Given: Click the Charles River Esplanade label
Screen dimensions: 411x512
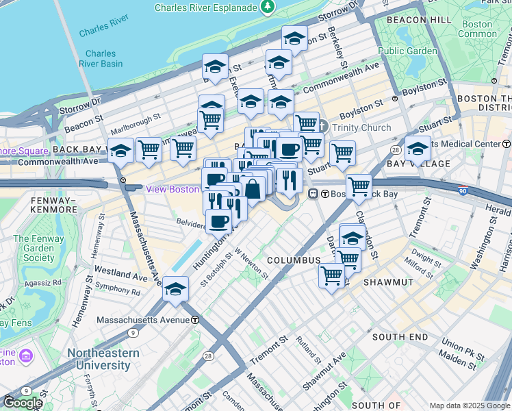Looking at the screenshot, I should (206, 8).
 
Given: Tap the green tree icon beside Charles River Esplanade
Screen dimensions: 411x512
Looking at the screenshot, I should (268, 8).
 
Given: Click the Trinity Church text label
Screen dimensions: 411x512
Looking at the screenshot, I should (361, 127).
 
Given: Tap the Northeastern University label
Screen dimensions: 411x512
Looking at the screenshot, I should (103, 359).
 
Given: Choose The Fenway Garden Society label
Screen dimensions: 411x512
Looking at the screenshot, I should (38, 248).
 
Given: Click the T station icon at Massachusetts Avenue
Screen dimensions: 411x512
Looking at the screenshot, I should (195, 320).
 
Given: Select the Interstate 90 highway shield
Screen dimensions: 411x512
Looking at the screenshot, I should (463, 190).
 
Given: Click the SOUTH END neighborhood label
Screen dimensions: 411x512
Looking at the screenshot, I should (399, 337).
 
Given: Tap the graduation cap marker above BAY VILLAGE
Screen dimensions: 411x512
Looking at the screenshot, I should (418, 148).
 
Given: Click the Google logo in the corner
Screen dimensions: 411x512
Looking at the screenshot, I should (22, 403).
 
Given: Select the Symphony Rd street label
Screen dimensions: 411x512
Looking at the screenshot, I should (117, 289).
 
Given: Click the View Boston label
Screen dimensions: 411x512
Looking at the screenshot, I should (173, 189).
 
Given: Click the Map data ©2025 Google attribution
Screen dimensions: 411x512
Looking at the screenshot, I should (469, 406).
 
